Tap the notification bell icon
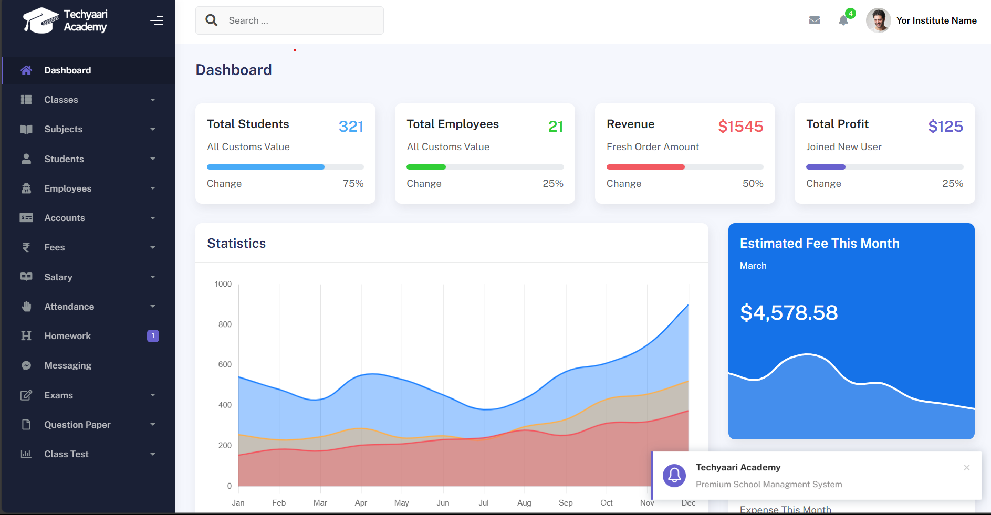point(843,20)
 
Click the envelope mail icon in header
point(815,20)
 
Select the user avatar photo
point(878,20)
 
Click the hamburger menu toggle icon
point(157,20)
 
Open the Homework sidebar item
point(67,336)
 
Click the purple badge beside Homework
point(153,336)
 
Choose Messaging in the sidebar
point(68,365)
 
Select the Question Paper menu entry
point(77,425)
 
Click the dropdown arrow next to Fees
point(153,247)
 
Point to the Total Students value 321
point(351,127)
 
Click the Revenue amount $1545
point(740,127)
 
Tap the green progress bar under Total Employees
point(426,167)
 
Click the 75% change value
point(353,184)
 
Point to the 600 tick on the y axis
point(225,364)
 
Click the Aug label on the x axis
point(524,503)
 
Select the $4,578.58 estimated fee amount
point(789,313)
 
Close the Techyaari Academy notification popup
point(966,467)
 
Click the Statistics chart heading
point(236,244)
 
